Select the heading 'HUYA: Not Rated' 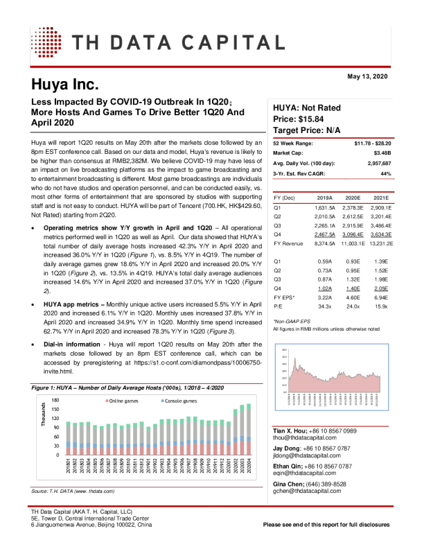click(x=307, y=108)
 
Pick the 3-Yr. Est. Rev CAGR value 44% click(x=386, y=173)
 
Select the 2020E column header click(x=354, y=198)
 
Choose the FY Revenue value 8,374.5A click(x=324, y=244)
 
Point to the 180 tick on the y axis click(x=55, y=401)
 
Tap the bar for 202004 click(x=249, y=430)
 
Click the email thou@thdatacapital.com click(x=306, y=438)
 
